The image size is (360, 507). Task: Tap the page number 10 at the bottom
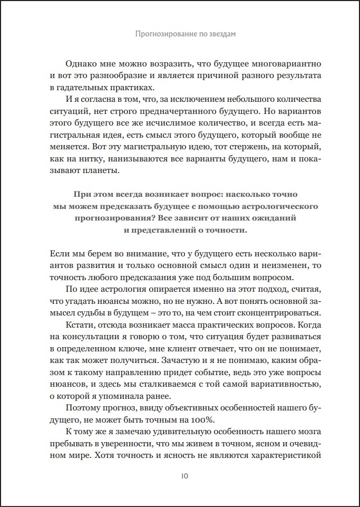(x=180, y=475)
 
